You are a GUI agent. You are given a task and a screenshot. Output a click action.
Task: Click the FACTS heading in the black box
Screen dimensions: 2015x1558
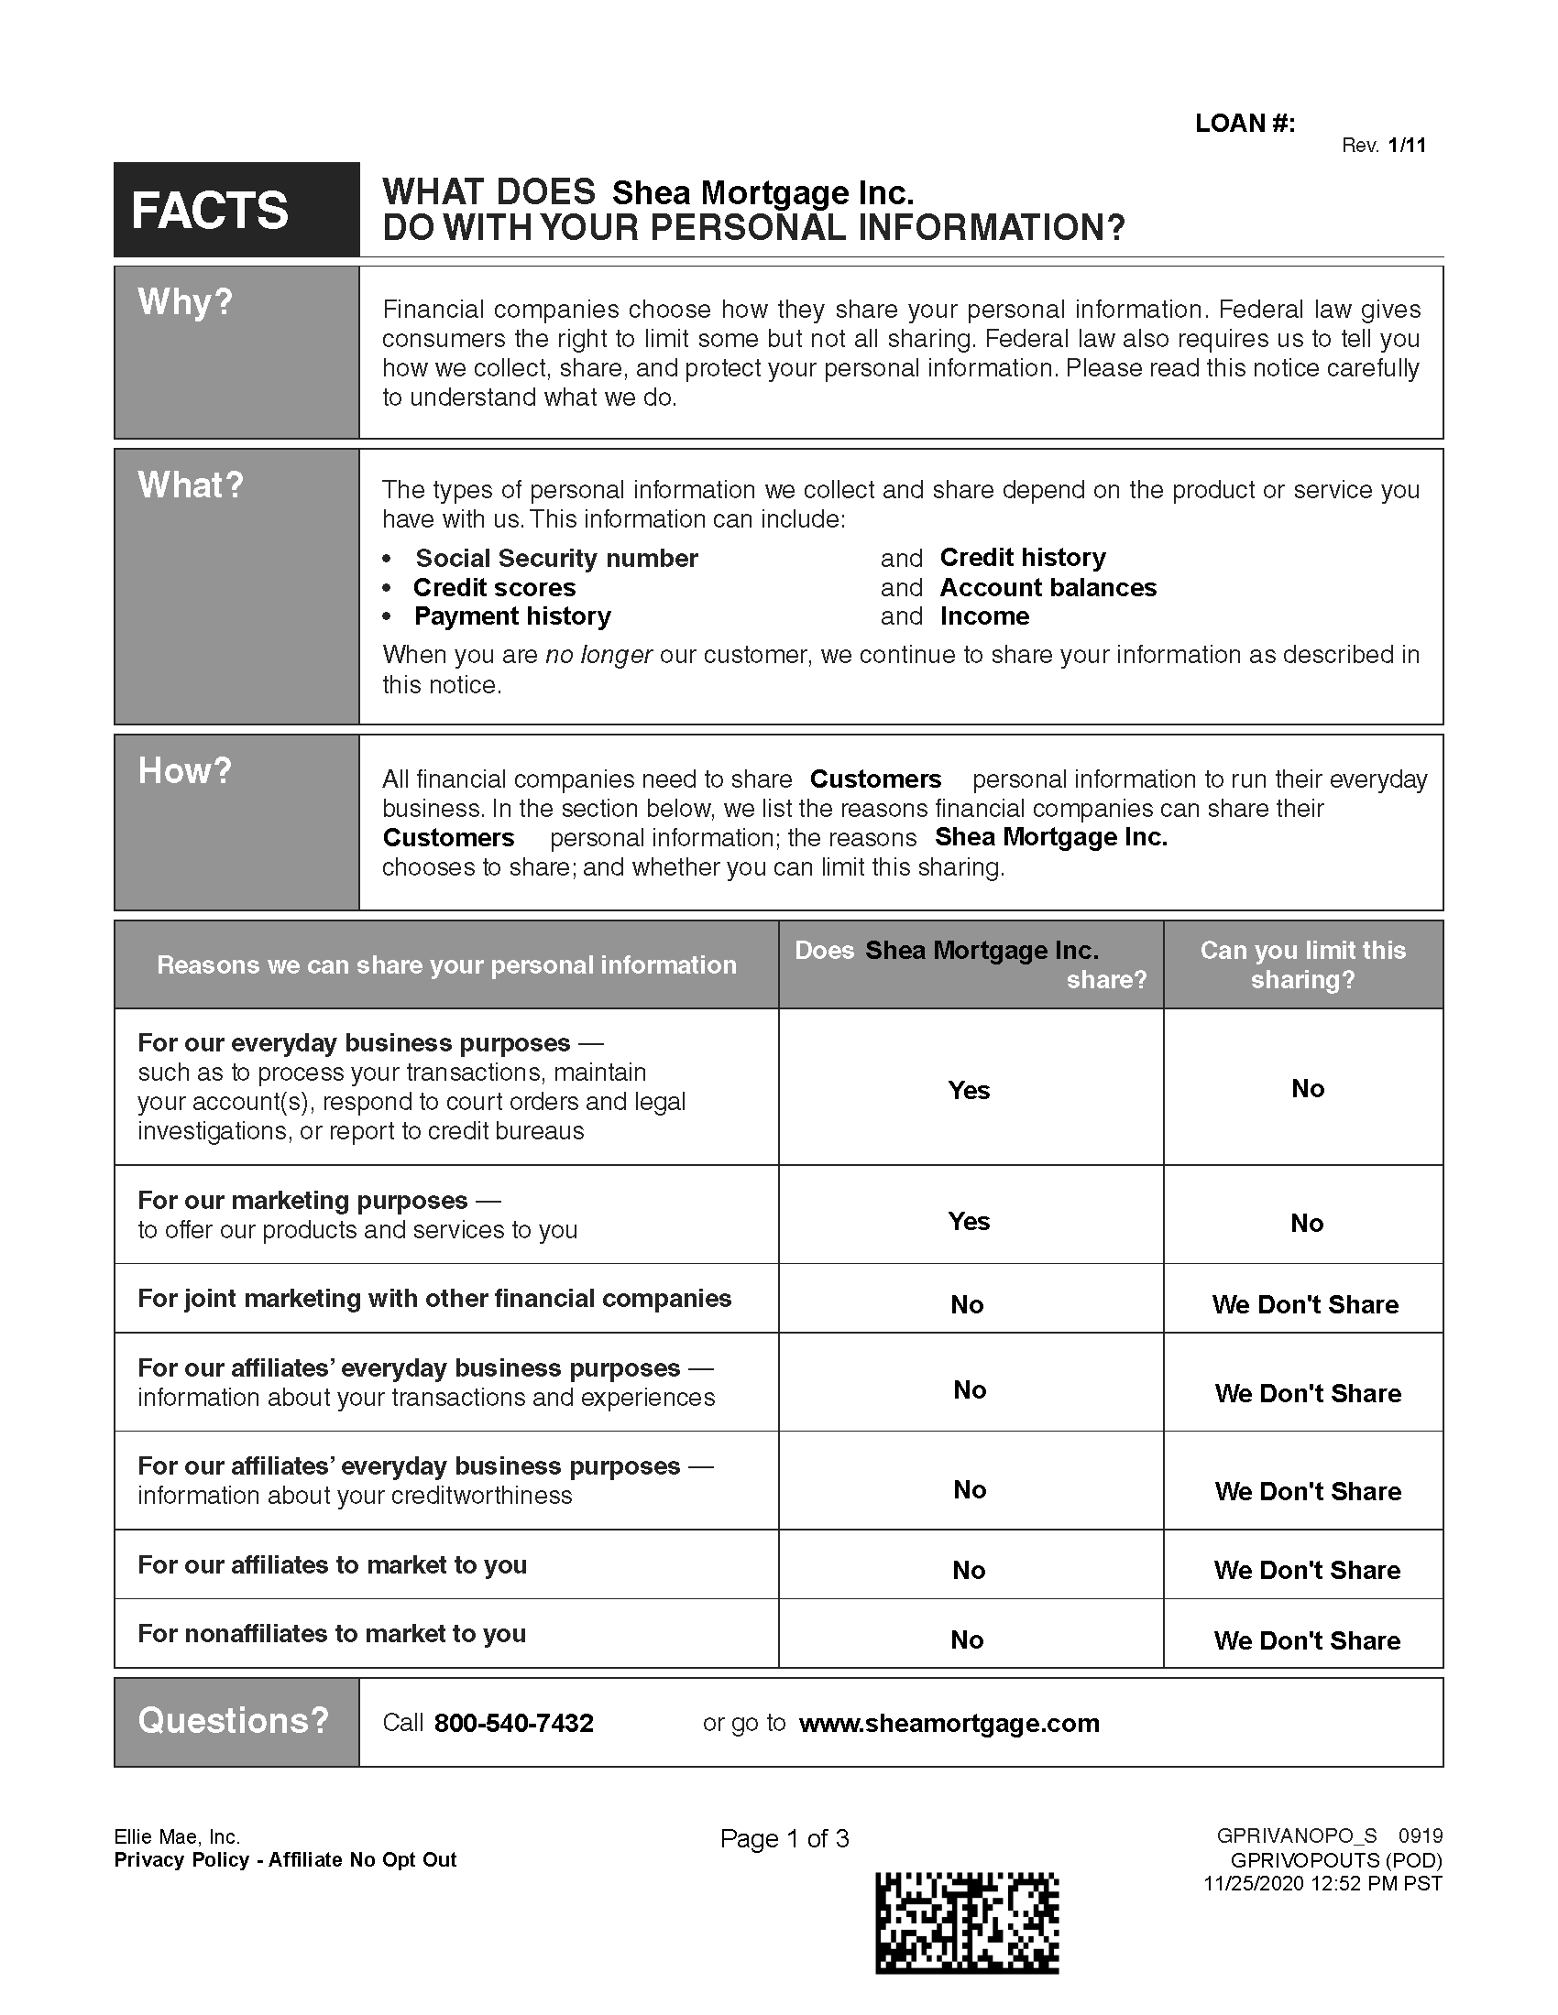point(210,211)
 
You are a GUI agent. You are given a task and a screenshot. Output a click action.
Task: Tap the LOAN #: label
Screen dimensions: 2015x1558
point(1245,124)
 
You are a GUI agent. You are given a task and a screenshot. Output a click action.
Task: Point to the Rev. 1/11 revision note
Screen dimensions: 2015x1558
point(1383,145)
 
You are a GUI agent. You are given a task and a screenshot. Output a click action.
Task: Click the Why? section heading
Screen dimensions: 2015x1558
point(184,301)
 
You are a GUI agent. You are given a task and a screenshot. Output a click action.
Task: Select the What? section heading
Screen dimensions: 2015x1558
point(190,485)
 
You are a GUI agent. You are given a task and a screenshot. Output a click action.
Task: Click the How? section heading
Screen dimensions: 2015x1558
point(184,770)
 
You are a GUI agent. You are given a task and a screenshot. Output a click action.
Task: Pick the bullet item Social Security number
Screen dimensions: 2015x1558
point(555,558)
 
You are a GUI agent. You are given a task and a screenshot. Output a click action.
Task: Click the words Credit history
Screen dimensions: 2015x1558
point(1022,557)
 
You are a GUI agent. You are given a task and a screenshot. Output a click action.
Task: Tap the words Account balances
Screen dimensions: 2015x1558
point(1048,588)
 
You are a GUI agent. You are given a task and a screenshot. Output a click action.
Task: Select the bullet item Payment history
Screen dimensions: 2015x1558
point(512,616)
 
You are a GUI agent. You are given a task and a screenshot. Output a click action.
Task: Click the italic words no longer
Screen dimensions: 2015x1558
point(598,655)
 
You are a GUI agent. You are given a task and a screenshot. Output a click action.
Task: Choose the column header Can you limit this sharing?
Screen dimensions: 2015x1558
point(1302,964)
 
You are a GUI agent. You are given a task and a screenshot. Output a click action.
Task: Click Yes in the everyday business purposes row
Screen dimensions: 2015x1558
point(969,1090)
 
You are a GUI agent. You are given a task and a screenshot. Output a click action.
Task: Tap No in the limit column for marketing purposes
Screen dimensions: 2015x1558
point(1307,1223)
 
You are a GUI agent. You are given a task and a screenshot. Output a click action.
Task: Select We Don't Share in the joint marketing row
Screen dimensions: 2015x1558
point(1305,1304)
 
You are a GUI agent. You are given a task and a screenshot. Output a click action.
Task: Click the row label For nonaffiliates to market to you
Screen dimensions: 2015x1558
point(332,1634)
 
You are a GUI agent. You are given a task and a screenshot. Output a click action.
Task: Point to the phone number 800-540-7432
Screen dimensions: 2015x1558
point(513,1724)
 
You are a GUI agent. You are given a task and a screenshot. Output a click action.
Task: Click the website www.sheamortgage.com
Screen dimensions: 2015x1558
point(949,1724)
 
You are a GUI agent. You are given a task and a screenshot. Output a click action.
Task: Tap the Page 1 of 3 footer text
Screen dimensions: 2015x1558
point(784,1839)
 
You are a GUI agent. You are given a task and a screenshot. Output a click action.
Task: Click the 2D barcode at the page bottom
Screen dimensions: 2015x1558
point(966,1923)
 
